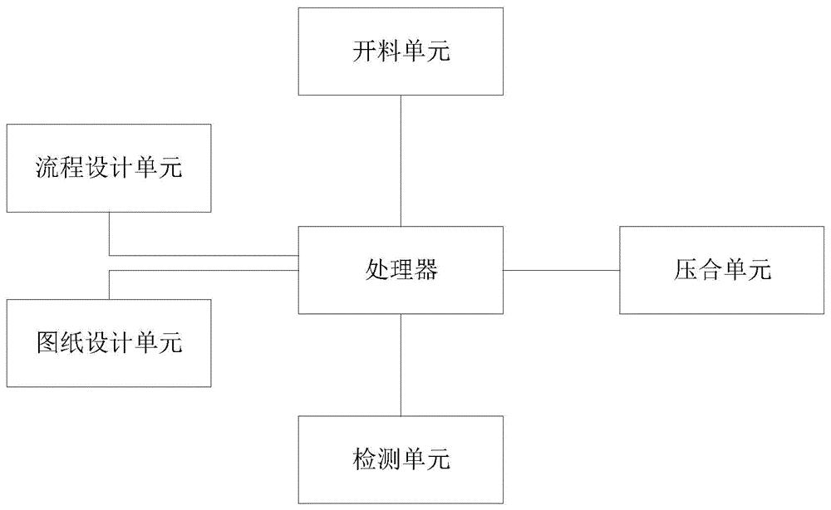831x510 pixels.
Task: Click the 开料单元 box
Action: pyautogui.click(x=401, y=51)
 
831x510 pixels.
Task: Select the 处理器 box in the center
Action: pyautogui.click(x=401, y=269)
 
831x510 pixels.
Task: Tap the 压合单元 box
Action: pyautogui.click(x=721, y=269)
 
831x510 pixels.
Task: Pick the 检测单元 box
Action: pyautogui.click(x=401, y=459)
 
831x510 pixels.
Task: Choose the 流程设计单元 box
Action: pyautogui.click(x=109, y=168)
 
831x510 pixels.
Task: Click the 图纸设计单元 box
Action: pyautogui.click(x=109, y=342)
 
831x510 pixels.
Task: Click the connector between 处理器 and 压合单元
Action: pyautogui.click(x=561, y=269)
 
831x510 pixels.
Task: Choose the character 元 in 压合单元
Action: pyautogui.click(x=760, y=270)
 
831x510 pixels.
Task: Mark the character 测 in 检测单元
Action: pyautogui.click(x=389, y=459)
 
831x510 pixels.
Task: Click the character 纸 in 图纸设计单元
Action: pyautogui.click(x=73, y=343)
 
